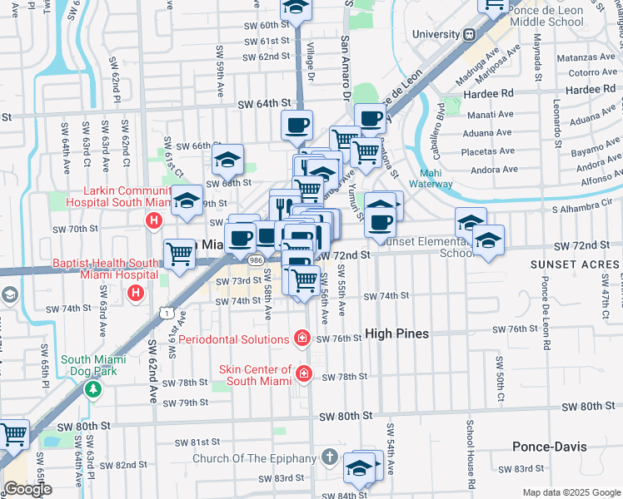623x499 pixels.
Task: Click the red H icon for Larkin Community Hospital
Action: point(153,221)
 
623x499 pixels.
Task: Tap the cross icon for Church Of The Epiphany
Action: point(329,458)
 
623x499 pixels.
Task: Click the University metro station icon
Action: point(470,35)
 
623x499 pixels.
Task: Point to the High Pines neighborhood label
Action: point(397,333)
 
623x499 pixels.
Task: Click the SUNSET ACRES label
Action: point(573,264)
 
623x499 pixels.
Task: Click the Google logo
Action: point(27,489)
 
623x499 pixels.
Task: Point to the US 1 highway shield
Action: point(168,314)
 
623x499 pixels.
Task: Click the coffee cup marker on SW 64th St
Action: point(297,126)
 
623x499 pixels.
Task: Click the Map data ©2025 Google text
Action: point(571,492)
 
